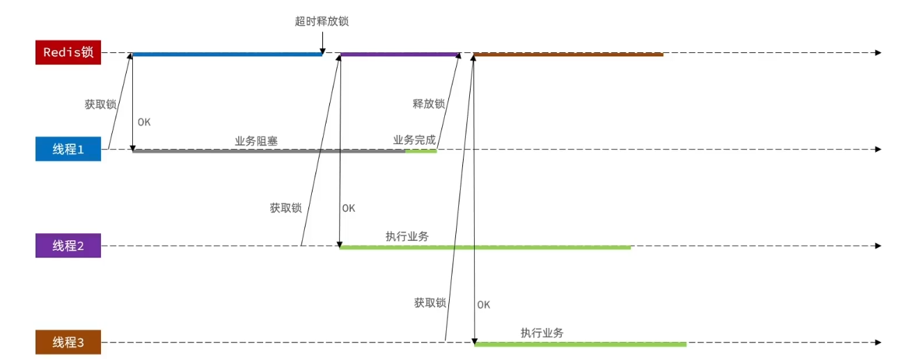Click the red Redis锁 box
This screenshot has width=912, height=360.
coord(68,53)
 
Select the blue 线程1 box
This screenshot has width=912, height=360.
coord(68,149)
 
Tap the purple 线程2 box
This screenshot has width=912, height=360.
coord(68,246)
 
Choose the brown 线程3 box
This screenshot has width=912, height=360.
coord(68,343)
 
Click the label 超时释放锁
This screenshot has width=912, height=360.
coord(322,22)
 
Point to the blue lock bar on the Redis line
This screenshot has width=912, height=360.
coord(226,54)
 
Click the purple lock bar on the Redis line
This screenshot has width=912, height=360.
coord(400,54)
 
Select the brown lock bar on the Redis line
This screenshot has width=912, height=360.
coord(567,54)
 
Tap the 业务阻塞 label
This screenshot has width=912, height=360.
coord(256,141)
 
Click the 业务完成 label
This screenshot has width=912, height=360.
coord(414,140)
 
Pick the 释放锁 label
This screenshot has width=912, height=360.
coord(428,104)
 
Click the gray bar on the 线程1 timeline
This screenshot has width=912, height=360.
coord(269,151)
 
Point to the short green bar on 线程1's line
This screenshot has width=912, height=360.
coord(421,151)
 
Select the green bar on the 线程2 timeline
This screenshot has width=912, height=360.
coord(485,247)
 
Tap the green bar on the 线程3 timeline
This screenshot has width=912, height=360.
coord(580,344)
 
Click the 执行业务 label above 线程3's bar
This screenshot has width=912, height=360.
coord(542,333)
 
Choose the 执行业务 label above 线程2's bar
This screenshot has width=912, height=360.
coord(407,237)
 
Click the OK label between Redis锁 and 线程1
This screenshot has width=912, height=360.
coord(144,122)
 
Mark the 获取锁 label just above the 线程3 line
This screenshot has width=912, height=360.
coord(430,303)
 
